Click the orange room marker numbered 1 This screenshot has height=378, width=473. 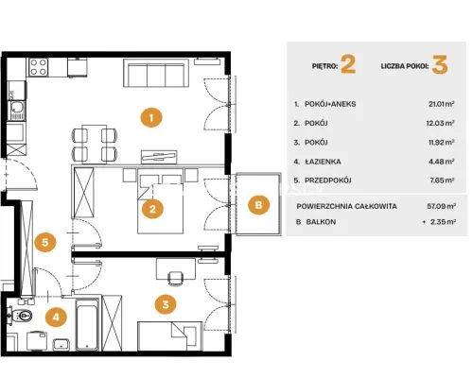click(151, 117)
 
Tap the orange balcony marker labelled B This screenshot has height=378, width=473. click(258, 205)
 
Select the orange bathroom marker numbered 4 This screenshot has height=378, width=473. click(56, 317)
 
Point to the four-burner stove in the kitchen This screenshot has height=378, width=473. click(39, 67)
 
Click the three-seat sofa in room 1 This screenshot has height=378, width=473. click(156, 73)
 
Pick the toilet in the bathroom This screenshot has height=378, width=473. click(21, 315)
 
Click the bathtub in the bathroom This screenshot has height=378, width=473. click(87, 324)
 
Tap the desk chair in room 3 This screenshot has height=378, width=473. click(176, 279)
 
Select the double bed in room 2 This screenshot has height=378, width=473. click(161, 201)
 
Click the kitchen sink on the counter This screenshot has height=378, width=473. click(17, 108)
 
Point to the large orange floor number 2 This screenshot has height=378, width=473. click(348, 64)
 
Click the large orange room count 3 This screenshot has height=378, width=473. click(440, 64)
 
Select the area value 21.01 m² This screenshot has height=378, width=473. click(441, 104)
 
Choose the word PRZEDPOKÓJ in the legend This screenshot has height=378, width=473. click(328, 180)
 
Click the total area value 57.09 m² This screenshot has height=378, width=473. click(441, 206)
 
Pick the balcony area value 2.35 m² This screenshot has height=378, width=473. click(443, 222)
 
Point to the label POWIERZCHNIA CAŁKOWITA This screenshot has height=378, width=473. click(346, 206)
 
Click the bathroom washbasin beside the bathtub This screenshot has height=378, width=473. click(61, 344)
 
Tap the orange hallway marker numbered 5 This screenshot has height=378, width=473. click(45, 242)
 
